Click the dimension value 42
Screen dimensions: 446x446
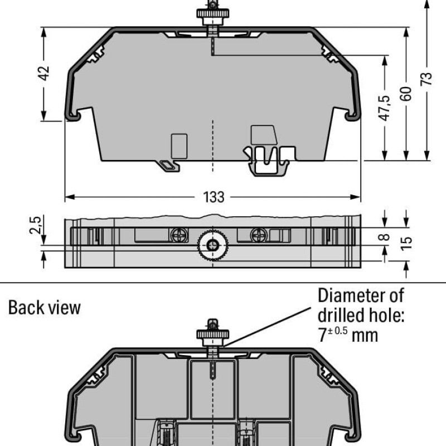pos(45,73)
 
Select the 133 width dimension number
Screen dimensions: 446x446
pos(214,197)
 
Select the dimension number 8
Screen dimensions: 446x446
pos(384,237)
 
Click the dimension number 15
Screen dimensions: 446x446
pos(406,243)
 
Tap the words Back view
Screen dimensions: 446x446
pos(45,307)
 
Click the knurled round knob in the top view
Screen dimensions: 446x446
pos(213,244)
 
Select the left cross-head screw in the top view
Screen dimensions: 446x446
pos(178,235)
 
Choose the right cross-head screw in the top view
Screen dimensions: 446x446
pos(258,235)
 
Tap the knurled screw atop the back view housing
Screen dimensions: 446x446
pos(212,334)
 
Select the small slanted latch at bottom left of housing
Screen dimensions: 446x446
pos(167,165)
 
